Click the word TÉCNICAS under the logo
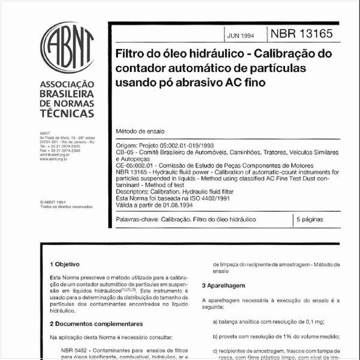tap(67, 114)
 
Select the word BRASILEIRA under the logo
tap(67, 95)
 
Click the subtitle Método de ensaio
tap(140, 131)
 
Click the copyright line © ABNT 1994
tap(54, 202)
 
